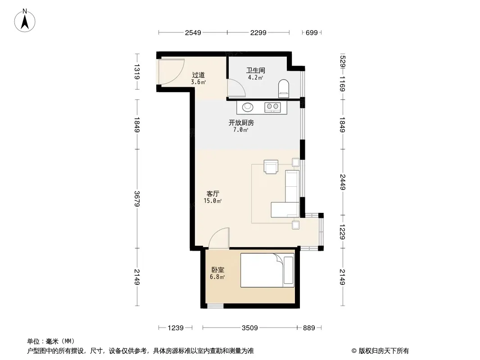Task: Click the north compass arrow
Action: coord(25,22)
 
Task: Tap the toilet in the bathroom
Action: coord(284,88)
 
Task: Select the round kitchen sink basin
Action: coord(248,107)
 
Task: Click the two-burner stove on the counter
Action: coord(272,108)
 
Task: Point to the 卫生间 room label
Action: coord(256,71)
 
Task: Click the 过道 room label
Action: coord(199,75)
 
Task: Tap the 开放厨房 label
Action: coord(241,123)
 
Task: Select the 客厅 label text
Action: coord(213,193)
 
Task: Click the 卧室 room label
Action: coord(218,270)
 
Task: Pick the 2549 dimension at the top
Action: coord(193,32)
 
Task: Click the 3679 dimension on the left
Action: coord(137,198)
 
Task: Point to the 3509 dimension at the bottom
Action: coord(250,328)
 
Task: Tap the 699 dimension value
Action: coord(312,32)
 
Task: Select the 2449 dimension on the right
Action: coord(343,182)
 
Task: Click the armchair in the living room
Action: coord(271,166)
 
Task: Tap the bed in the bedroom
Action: coord(267,270)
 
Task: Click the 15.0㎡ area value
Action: coord(213,201)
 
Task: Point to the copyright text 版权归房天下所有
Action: coord(384,351)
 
